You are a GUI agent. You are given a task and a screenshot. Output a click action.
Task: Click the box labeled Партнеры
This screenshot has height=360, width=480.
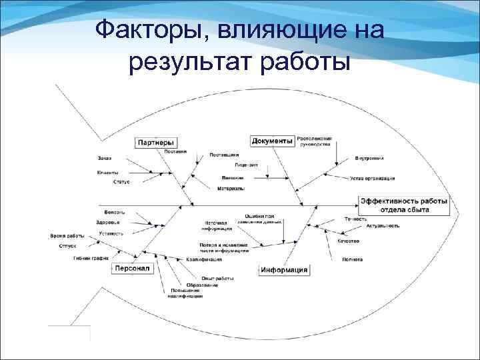(157, 142)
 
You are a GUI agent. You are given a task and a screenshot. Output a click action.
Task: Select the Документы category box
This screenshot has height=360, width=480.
(273, 141)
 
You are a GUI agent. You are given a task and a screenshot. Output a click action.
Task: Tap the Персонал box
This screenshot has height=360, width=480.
(133, 268)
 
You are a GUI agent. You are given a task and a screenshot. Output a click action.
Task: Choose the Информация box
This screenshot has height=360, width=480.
(284, 270)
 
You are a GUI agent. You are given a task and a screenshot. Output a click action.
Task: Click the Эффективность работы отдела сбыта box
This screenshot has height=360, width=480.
(405, 205)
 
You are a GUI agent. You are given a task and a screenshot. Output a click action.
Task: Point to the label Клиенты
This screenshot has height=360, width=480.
(107, 173)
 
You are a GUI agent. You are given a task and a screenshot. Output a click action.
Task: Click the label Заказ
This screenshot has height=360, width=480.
(104, 158)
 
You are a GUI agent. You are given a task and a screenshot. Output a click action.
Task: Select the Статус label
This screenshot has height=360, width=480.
(121, 181)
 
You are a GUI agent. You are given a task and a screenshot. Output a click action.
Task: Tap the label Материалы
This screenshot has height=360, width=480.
(231, 189)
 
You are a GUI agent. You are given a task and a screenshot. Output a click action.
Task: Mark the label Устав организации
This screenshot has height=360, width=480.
(373, 179)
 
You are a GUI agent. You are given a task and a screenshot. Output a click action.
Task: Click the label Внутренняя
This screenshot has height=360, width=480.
(369, 159)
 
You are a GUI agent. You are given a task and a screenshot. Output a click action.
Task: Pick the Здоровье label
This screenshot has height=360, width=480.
(108, 222)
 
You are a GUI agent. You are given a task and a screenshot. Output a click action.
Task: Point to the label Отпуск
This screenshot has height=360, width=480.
(67, 246)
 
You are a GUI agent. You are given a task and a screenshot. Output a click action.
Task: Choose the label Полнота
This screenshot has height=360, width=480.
(353, 259)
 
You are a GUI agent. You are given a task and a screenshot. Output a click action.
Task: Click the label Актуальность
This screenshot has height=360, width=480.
(383, 226)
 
